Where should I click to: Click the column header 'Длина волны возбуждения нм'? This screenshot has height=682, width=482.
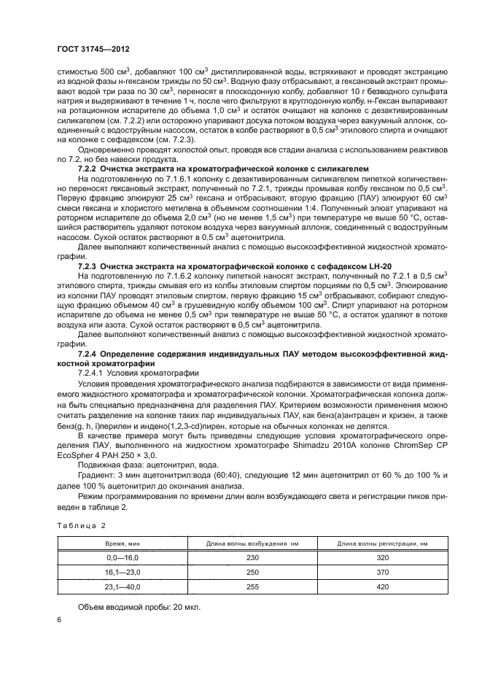click(x=253, y=543)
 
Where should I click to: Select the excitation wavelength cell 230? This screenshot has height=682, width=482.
click(x=253, y=557)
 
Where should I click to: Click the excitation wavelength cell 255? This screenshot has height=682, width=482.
click(x=253, y=586)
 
